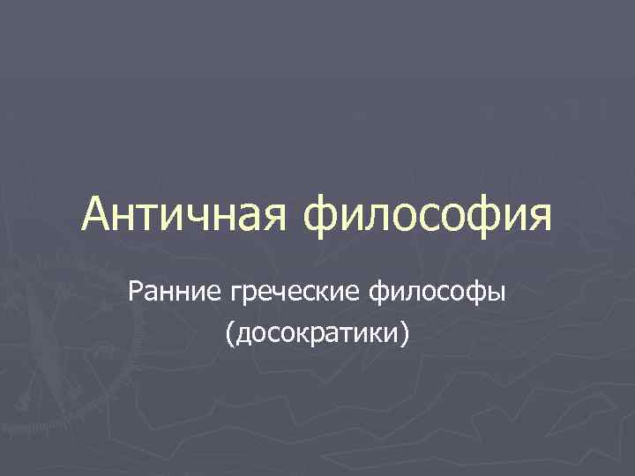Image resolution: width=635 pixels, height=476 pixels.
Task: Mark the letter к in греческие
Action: [x=325, y=290]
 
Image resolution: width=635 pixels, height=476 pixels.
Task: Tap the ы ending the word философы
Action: [x=497, y=290]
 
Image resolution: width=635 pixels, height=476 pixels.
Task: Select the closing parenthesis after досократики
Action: [x=406, y=333]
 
